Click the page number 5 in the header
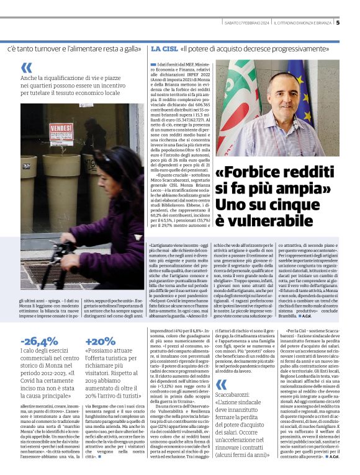point(355,24)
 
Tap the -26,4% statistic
point(39,341)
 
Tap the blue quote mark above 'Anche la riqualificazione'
point(26,68)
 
